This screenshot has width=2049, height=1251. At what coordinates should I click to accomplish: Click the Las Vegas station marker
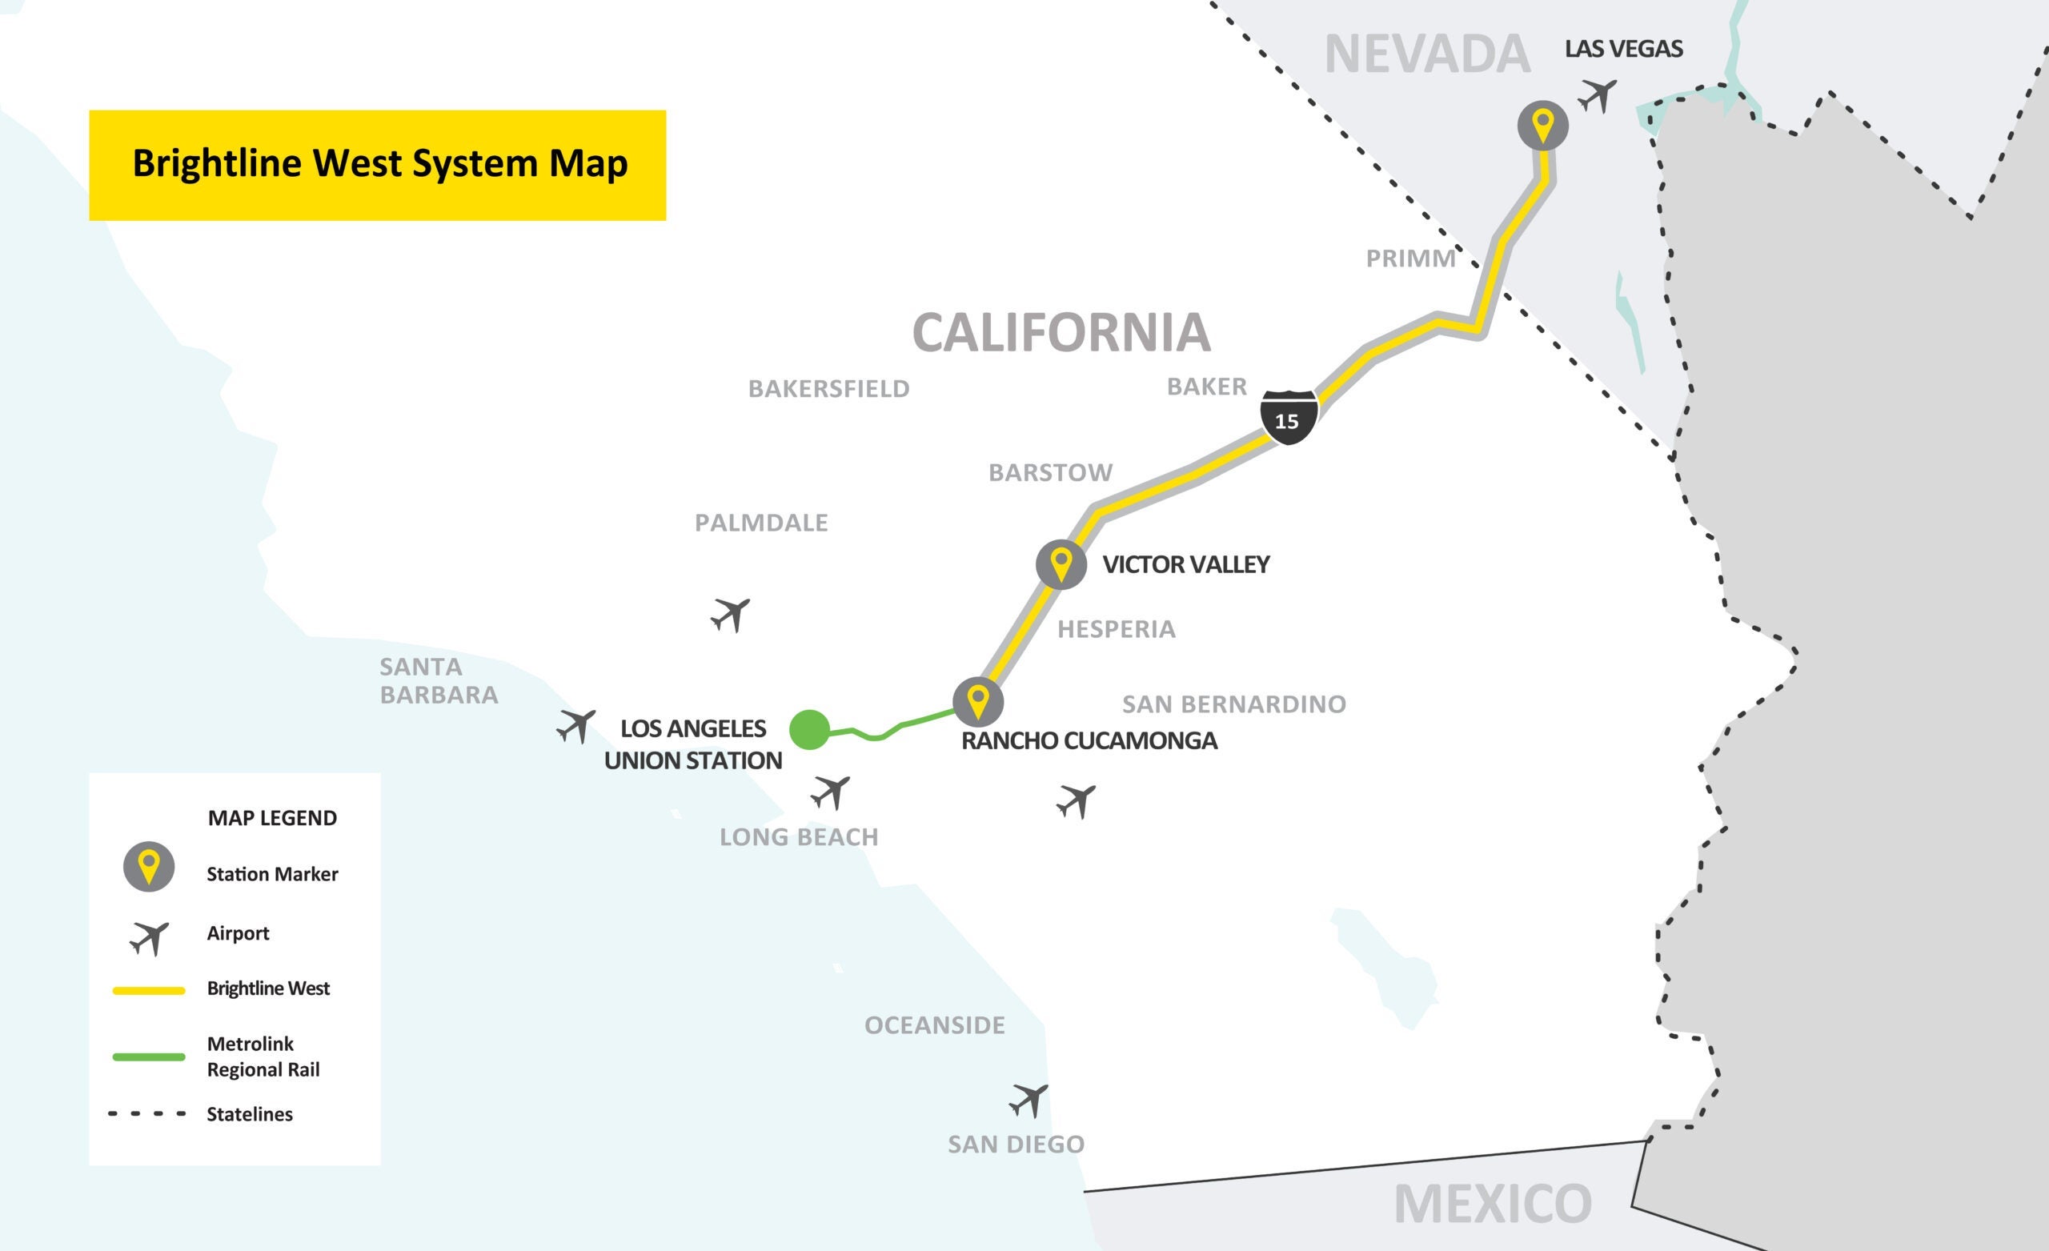[x=1542, y=126]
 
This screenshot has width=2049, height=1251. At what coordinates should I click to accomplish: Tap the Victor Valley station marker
[x=1061, y=564]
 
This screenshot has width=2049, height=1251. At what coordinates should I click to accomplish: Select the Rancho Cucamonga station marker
[x=978, y=701]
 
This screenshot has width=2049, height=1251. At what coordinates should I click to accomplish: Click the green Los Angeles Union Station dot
[x=809, y=729]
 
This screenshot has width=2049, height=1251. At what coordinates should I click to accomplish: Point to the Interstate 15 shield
[x=1288, y=417]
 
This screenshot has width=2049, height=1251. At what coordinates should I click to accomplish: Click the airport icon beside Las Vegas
[x=1598, y=96]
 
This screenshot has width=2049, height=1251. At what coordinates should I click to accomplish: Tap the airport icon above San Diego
[x=1029, y=1101]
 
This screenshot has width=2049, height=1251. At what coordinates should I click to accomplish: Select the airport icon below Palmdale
[x=731, y=615]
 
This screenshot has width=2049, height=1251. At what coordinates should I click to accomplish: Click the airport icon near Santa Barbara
[x=576, y=726]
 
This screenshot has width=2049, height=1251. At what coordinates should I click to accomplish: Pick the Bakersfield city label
[x=828, y=388]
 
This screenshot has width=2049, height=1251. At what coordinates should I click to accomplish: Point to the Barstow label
[x=1049, y=472]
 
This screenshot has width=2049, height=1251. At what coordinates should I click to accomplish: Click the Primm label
[x=1410, y=259]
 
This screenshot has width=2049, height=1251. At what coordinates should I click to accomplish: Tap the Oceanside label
[x=934, y=1024]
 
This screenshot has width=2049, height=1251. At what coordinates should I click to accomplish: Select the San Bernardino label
[x=1233, y=704]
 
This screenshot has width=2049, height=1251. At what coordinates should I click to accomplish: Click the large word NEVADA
[x=1426, y=55]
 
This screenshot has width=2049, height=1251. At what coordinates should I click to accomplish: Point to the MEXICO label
[x=1492, y=1204]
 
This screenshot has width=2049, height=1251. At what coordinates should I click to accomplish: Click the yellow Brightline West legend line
[x=149, y=990]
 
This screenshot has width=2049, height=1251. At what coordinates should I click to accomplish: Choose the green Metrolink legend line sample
[x=149, y=1057]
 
